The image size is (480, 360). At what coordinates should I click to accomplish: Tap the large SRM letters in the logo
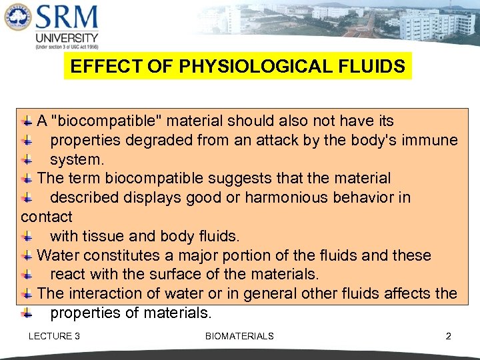point(67,18)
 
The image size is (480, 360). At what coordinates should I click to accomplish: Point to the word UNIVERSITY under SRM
point(67,38)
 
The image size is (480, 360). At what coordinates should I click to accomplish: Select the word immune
point(433,141)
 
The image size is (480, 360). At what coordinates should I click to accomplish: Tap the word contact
point(47,217)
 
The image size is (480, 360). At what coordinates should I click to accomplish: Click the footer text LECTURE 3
point(54,336)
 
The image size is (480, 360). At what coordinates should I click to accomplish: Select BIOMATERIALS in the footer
point(239,336)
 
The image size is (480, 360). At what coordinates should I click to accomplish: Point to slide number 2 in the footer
point(448,336)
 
